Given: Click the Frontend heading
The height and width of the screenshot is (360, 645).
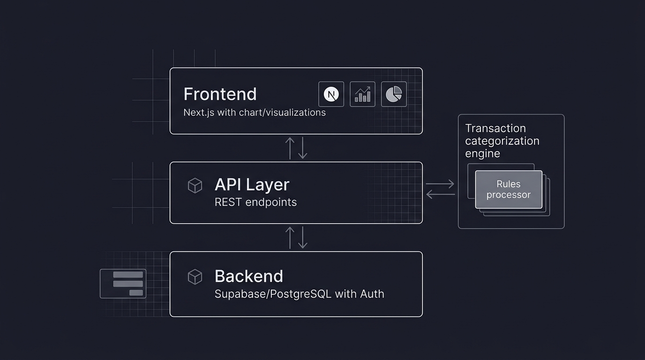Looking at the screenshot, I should coord(220,94).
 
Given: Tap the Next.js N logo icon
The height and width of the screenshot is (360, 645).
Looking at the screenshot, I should coord(331,94).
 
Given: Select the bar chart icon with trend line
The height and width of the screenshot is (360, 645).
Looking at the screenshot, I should coord(362,94).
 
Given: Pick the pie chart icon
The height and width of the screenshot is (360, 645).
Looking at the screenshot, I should coord(394,94).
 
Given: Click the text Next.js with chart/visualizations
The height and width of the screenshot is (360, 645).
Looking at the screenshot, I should coord(254,112).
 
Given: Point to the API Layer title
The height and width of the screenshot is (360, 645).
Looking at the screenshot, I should coord(252,185).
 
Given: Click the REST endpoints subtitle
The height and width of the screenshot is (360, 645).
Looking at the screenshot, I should coord(255,202).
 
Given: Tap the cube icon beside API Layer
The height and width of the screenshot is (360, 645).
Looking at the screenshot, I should coord(195,186).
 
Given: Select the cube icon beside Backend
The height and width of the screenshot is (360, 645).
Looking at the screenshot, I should coord(195,277).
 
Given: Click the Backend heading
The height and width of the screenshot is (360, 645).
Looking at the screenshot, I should coord(248,276).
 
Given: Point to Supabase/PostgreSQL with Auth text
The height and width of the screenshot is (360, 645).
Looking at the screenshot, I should coord(299,294).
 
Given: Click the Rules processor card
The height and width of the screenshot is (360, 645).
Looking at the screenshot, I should coord(509,189).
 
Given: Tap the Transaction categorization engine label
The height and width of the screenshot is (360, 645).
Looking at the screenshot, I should coord(502,141).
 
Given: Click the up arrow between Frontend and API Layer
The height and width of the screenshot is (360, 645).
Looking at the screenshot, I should coord(290,148).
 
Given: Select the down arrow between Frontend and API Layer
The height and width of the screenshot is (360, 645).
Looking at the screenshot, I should coord(303,148).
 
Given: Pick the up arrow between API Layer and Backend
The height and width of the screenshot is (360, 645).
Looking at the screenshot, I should coord(290,237).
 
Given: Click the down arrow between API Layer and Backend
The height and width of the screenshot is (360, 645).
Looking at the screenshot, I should coord(303,237).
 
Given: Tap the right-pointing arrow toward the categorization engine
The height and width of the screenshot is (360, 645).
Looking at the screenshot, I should coord(440,184).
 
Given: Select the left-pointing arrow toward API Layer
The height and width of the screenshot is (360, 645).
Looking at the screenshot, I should coord(440,194).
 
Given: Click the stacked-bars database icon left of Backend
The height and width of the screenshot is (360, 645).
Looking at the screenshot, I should coord(123,284).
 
